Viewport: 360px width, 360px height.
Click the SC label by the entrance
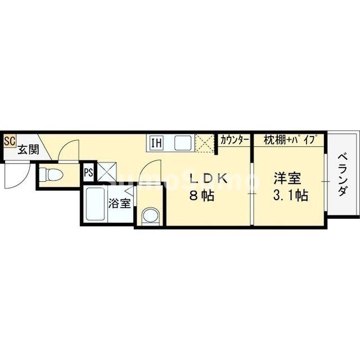[10, 141]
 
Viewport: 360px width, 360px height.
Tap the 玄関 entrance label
[27, 150]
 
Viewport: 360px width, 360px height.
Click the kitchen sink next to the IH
[183, 143]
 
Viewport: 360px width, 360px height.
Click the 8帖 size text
[200, 197]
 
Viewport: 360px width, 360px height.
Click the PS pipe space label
[88, 173]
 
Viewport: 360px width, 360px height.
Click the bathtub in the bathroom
[95, 205]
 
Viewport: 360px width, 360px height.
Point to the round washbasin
[150, 215]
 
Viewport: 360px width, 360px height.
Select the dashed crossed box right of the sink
[206, 143]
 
